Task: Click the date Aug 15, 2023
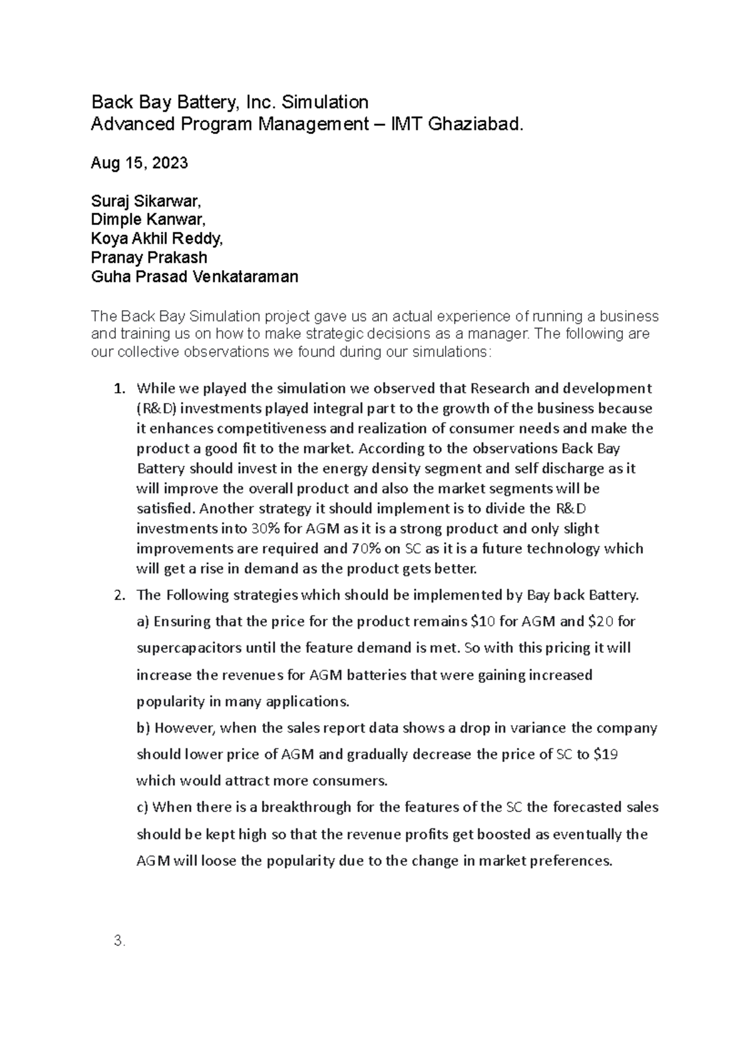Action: (x=139, y=164)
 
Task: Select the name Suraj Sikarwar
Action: (x=146, y=201)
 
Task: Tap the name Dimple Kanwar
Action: (x=148, y=220)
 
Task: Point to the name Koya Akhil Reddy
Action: (x=157, y=239)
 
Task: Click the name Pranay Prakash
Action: (x=149, y=258)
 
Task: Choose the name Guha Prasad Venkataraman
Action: (x=194, y=276)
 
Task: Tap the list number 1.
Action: (x=119, y=389)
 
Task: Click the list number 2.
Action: (x=119, y=596)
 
